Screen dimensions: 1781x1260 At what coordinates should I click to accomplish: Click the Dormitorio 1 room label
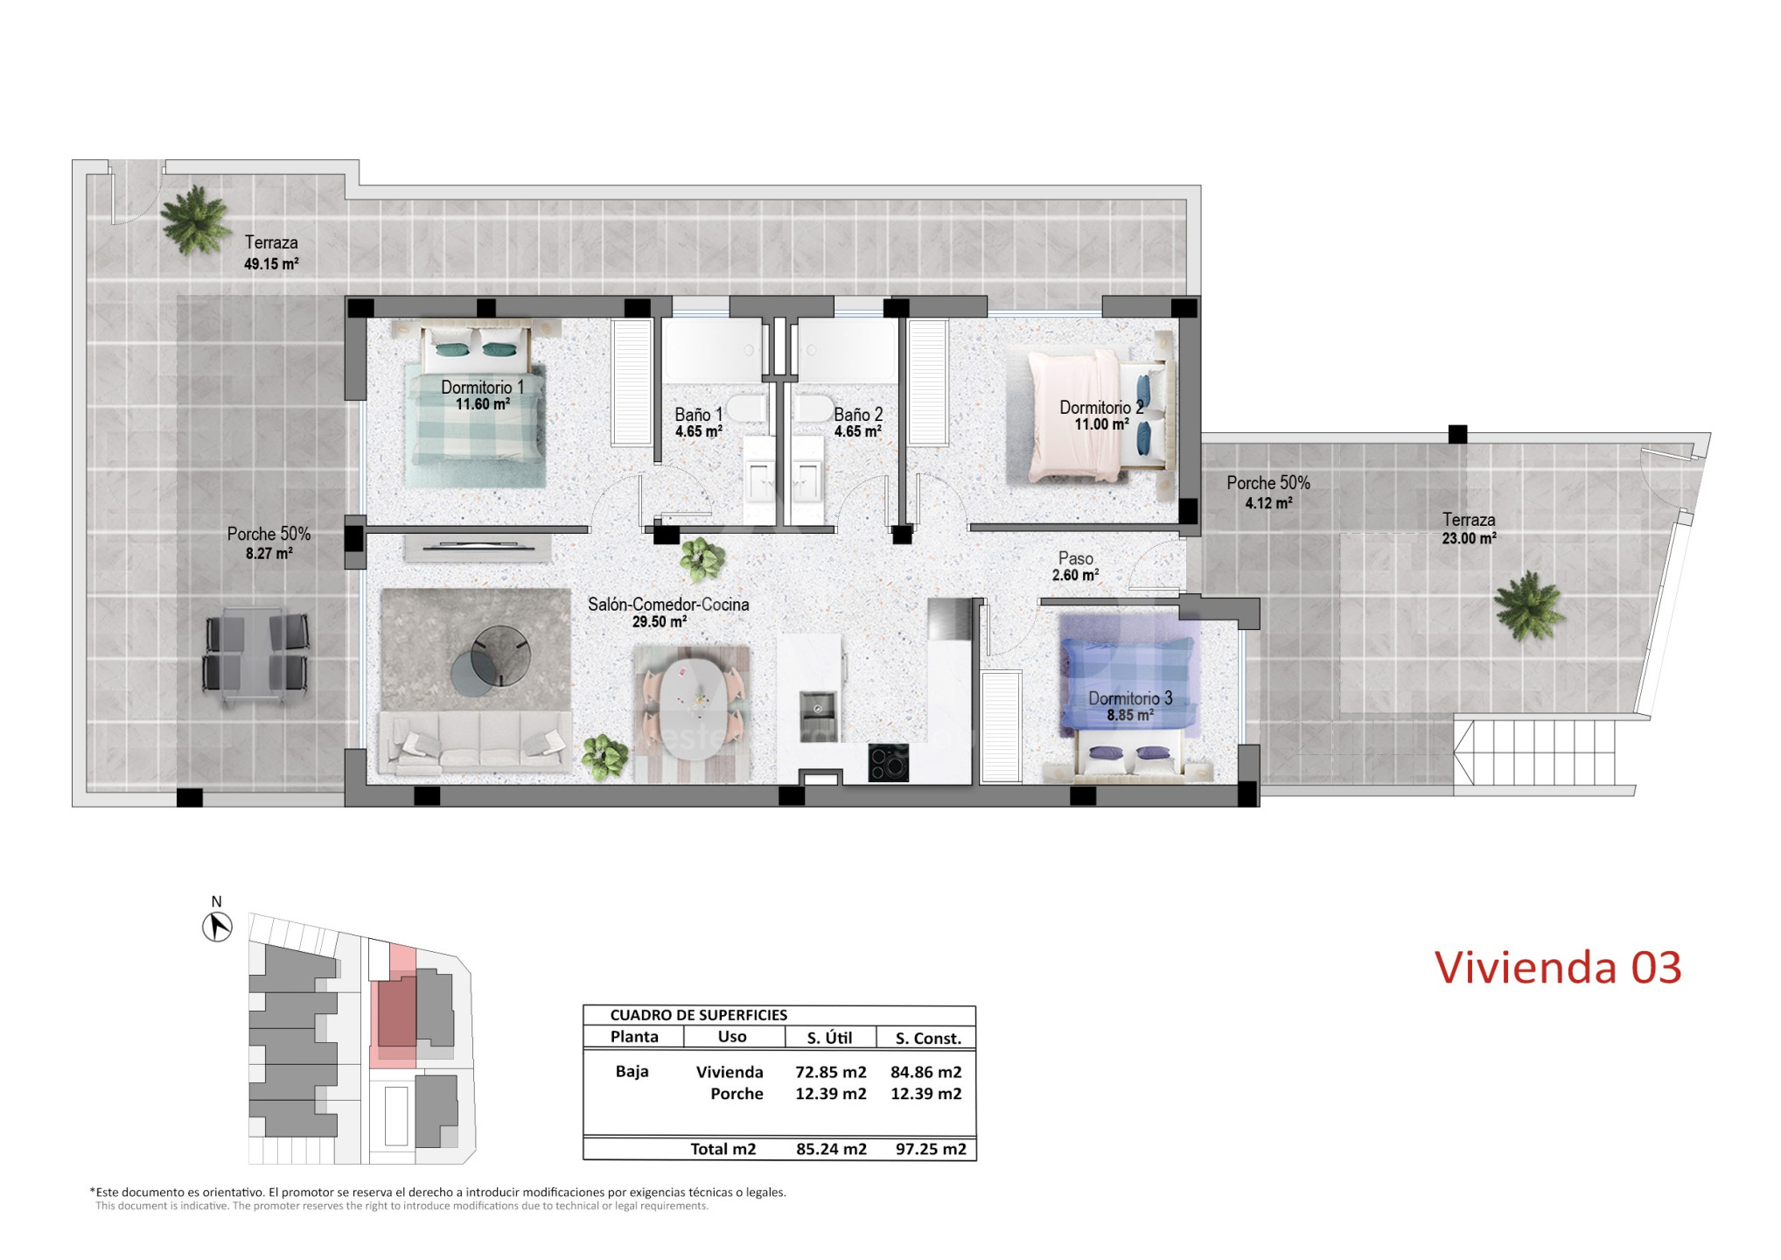click(482, 387)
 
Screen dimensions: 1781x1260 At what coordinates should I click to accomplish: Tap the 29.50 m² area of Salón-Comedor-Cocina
click(659, 622)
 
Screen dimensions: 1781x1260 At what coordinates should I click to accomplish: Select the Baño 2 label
click(858, 415)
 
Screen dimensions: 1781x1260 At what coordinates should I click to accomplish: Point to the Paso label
click(1075, 558)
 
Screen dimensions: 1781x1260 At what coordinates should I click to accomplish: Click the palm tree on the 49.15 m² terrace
click(194, 220)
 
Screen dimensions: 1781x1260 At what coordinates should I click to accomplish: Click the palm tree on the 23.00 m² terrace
click(1528, 605)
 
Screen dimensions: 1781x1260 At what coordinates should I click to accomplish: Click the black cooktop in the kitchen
click(888, 762)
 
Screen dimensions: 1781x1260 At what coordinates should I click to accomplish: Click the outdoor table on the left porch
click(255, 655)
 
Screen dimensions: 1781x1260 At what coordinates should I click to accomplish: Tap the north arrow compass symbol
click(217, 927)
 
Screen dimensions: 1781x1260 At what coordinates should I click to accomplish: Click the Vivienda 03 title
click(1558, 968)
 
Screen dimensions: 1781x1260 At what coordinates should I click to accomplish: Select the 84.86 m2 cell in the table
click(925, 1072)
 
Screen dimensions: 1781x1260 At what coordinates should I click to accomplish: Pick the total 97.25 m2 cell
click(931, 1149)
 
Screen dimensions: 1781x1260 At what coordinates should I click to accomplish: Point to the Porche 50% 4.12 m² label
click(1268, 493)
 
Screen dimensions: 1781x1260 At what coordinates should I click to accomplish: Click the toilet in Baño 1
click(748, 409)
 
